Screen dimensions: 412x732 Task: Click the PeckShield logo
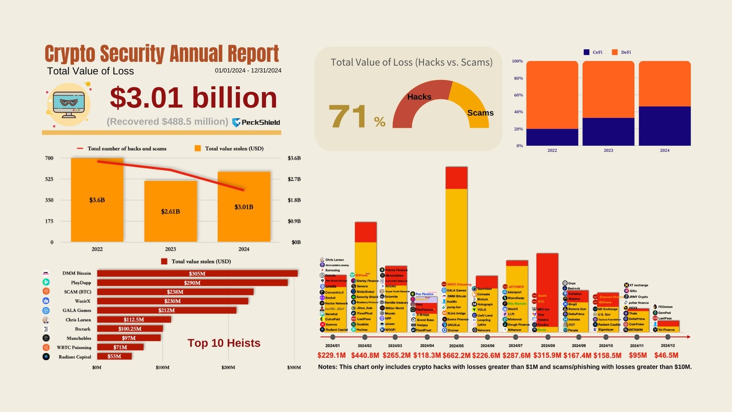coord(256,123)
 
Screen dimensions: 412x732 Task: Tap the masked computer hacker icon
coord(69,104)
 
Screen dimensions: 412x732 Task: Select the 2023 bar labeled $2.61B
coord(171,211)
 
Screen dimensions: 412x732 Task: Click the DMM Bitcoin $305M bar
coord(197,274)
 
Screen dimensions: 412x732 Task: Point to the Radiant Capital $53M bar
coord(114,357)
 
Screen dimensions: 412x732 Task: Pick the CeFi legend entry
coord(593,52)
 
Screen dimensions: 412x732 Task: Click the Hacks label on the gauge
coord(419,97)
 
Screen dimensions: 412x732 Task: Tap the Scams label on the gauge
coord(480,113)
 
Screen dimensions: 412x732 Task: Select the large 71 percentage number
coord(348,116)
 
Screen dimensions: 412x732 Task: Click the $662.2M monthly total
coord(456,355)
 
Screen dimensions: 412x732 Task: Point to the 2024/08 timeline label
coord(548,346)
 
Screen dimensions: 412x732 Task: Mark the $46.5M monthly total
coord(666,355)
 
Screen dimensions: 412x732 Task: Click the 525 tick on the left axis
coord(49,179)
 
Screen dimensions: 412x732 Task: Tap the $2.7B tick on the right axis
coord(294,179)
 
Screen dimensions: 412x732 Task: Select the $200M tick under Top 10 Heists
coord(228,368)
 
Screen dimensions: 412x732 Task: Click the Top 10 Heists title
coord(224,343)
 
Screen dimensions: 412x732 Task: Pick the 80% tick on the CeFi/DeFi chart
coord(518,78)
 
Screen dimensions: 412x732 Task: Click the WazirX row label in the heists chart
coord(82,301)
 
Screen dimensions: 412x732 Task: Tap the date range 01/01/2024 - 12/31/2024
coord(248,71)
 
